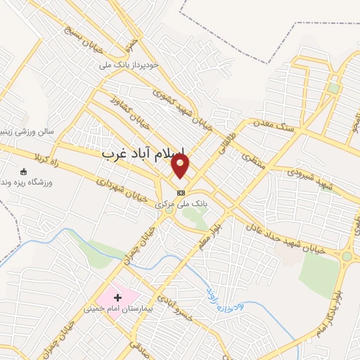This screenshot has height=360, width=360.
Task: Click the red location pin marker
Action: (x=181, y=166)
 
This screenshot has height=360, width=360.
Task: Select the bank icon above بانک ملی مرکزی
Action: (x=181, y=192)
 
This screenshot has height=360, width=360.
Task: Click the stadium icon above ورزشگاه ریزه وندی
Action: (x=24, y=172)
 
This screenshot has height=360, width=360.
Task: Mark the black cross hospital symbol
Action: (x=117, y=298)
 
